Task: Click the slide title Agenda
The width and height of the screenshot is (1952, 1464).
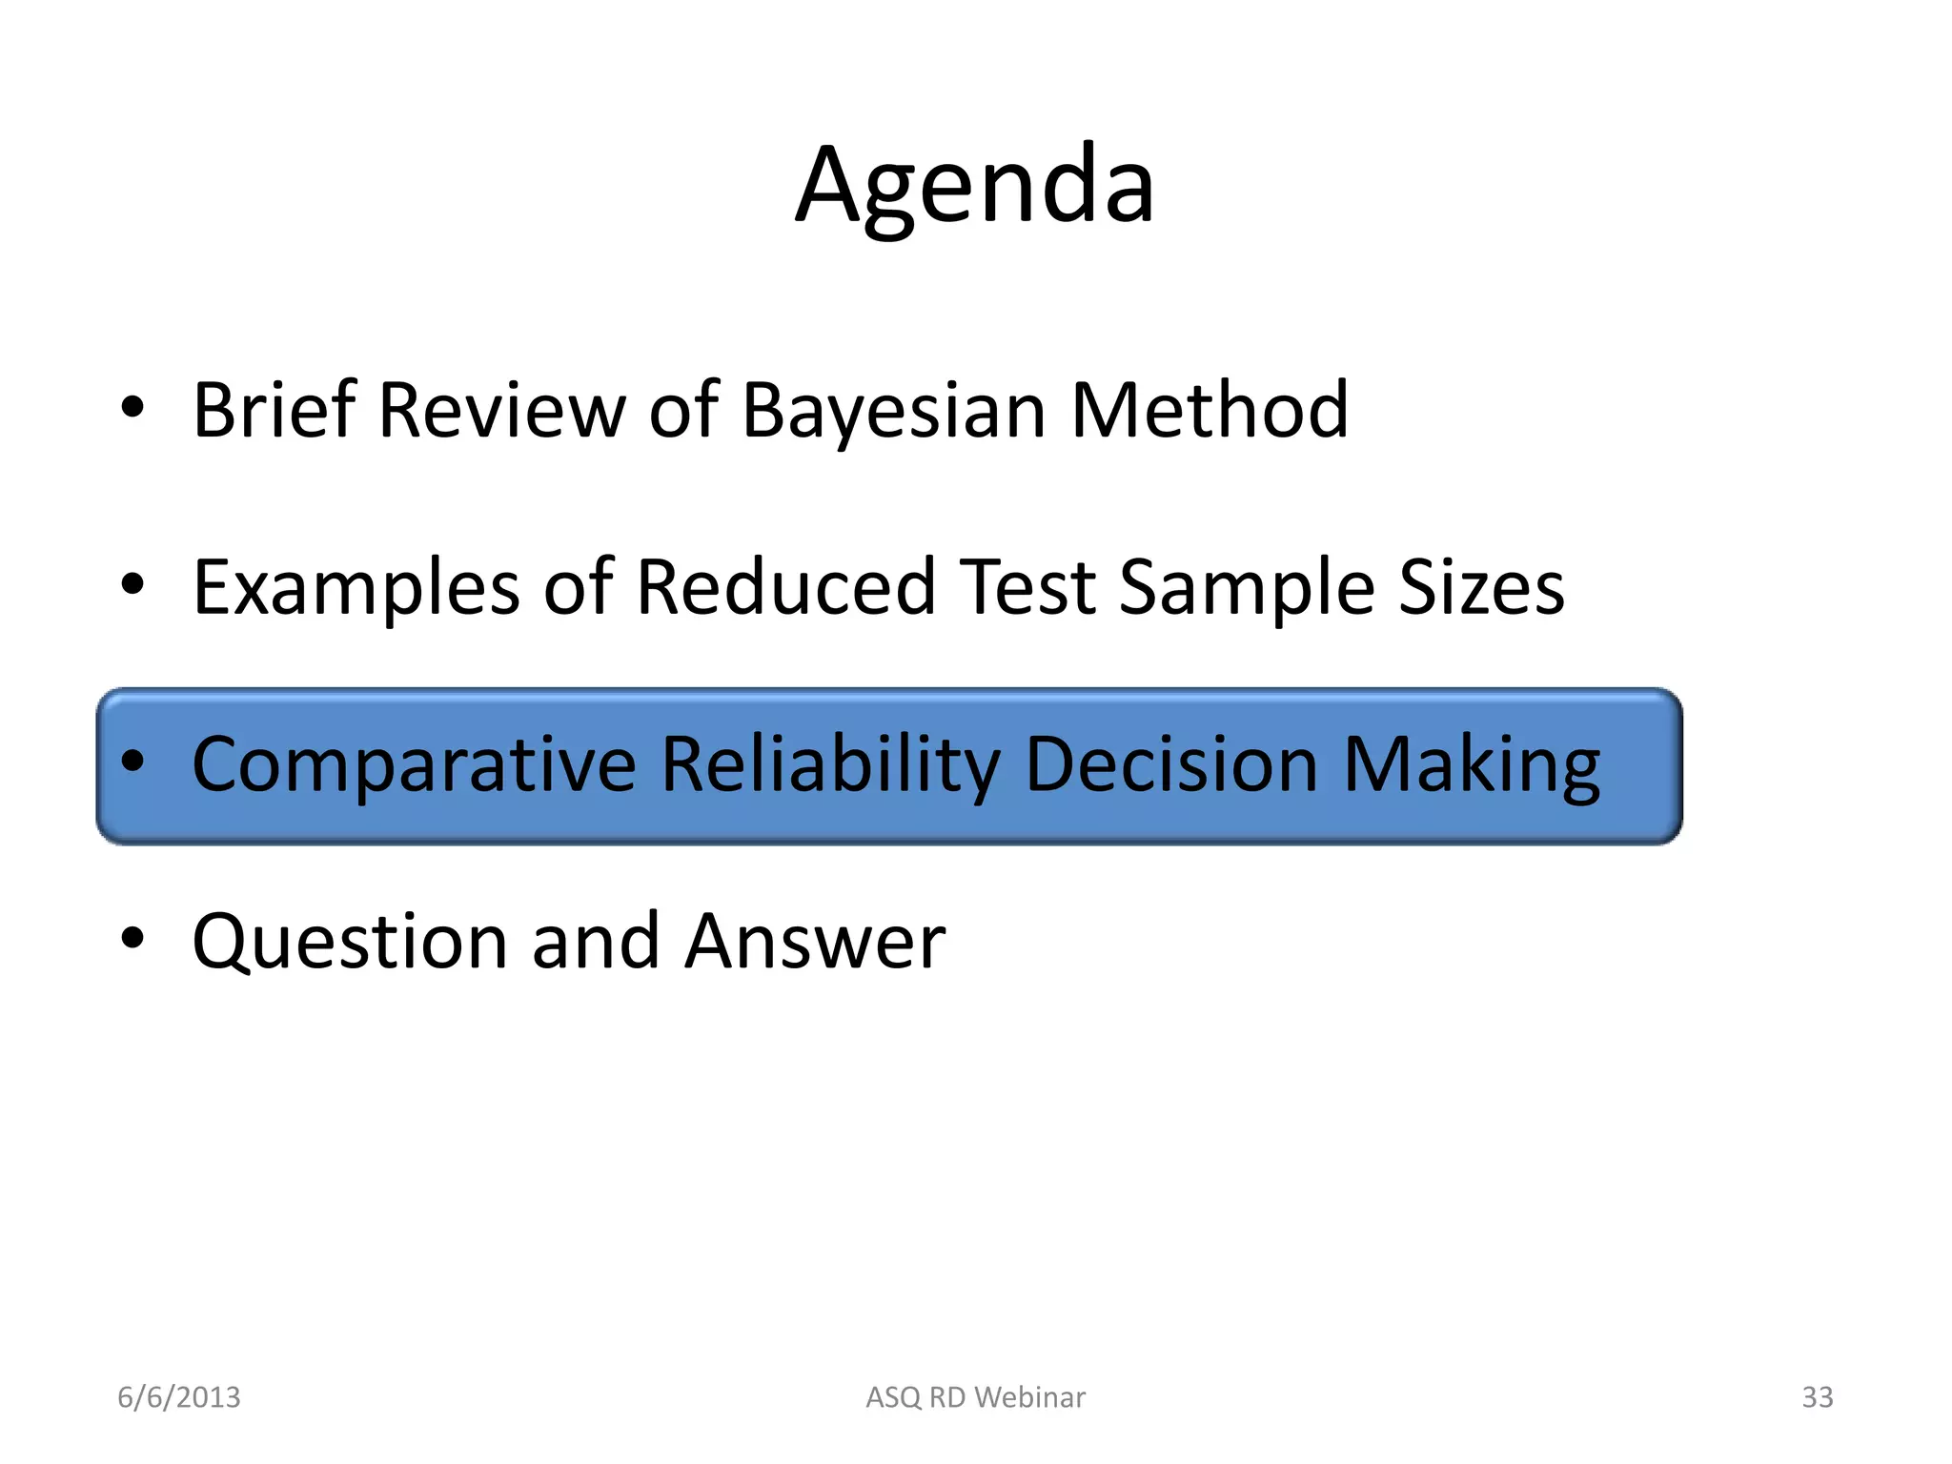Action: pos(975,186)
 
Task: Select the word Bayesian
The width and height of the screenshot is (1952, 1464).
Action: pos(893,412)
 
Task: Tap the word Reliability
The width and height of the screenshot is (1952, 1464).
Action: pos(830,766)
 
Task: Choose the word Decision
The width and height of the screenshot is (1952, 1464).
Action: pos(1171,764)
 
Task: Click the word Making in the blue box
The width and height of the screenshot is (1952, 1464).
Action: pos(1471,766)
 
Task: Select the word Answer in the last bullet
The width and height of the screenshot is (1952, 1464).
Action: pos(815,942)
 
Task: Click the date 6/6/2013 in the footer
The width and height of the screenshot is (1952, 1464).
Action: pos(179,1397)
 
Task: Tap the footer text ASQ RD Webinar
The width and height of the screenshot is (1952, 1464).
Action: pos(975,1397)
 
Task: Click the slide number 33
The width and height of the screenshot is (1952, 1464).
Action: pos(1817,1397)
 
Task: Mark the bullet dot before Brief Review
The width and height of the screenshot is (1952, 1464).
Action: pos(132,408)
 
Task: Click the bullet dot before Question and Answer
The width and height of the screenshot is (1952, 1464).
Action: pos(132,939)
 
